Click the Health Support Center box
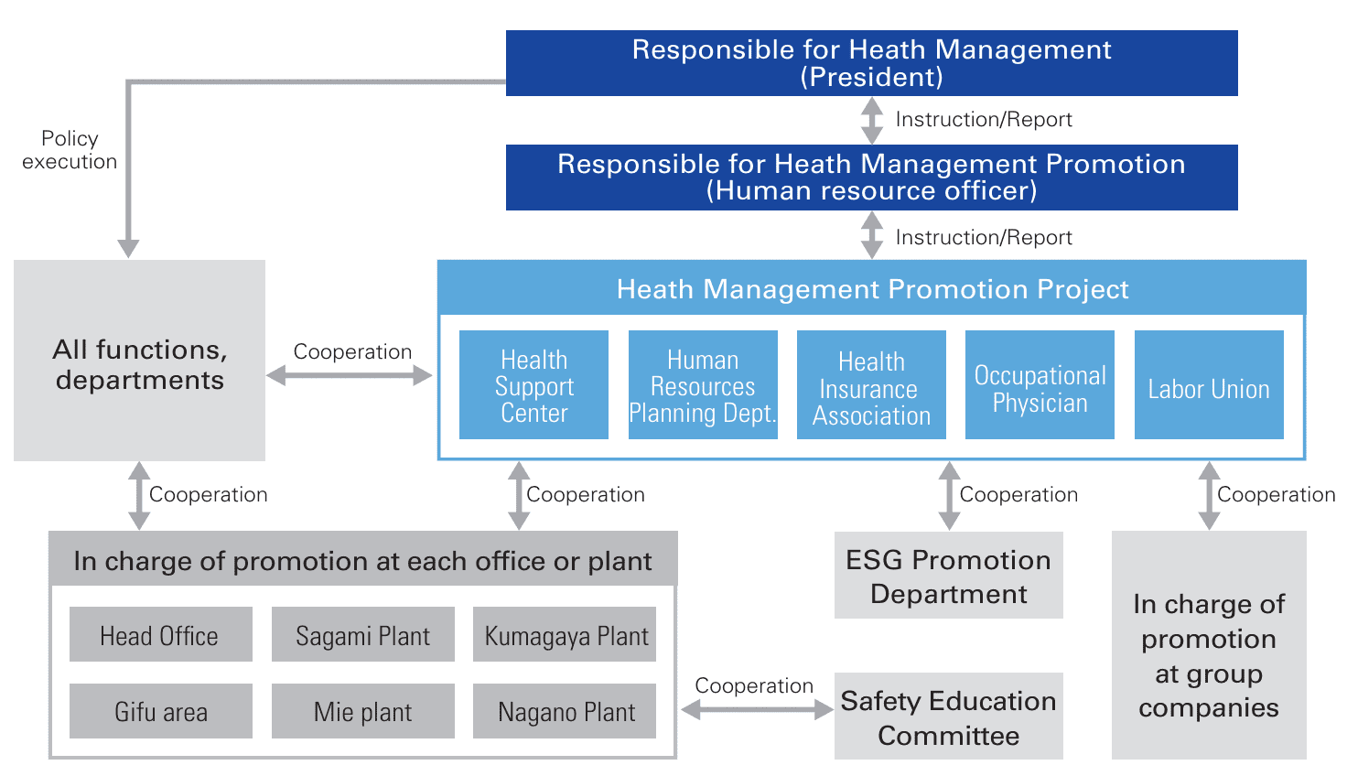click(x=533, y=385)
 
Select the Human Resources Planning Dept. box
click(x=703, y=385)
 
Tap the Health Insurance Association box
click(x=871, y=385)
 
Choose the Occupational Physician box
click(x=1040, y=385)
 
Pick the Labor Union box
click(x=1209, y=385)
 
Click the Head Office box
click(x=160, y=634)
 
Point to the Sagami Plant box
click(x=362, y=634)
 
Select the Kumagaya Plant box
click(x=565, y=634)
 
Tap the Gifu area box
click(x=160, y=711)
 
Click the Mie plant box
click(x=362, y=711)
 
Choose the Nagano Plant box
click(x=565, y=711)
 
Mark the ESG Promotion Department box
click(x=948, y=576)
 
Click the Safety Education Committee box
click(x=948, y=717)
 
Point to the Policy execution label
click(x=70, y=150)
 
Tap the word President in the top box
click(x=871, y=77)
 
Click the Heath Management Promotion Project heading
click(x=872, y=289)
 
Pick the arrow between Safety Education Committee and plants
click(x=756, y=710)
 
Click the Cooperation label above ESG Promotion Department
click(x=1018, y=495)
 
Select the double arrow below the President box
click(x=872, y=121)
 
